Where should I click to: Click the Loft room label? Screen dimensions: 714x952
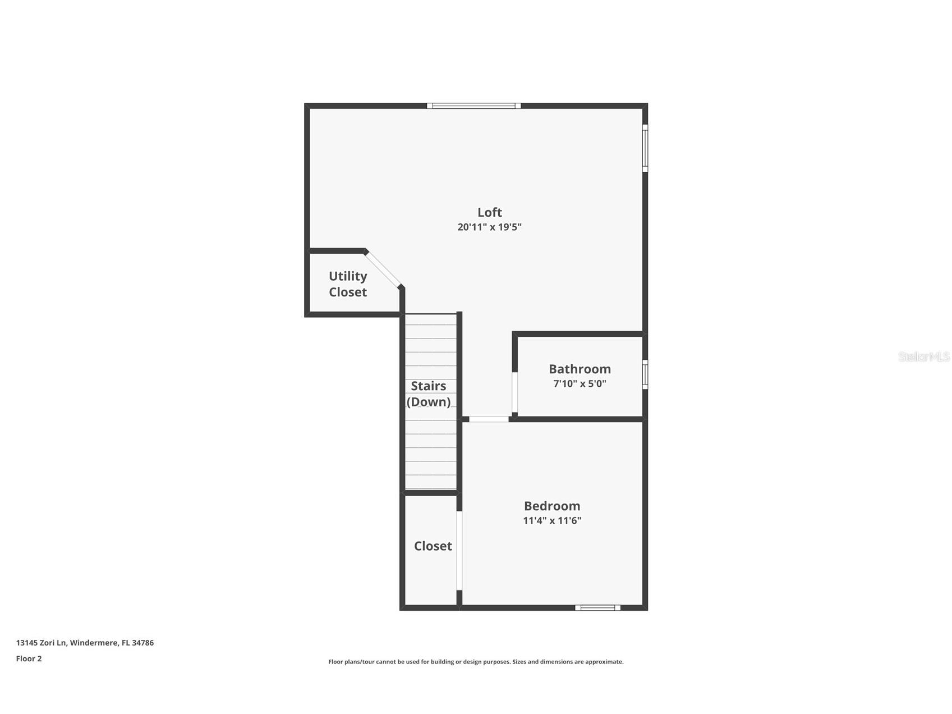pyautogui.click(x=489, y=212)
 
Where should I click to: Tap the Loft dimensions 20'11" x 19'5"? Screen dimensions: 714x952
pyautogui.click(x=489, y=227)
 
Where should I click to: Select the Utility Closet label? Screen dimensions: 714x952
pyautogui.click(x=348, y=284)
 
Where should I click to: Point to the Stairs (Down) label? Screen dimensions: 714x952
pyautogui.click(x=429, y=393)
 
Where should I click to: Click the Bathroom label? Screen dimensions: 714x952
pyautogui.click(x=580, y=369)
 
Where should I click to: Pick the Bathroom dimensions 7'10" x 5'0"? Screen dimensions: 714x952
pyautogui.click(x=580, y=384)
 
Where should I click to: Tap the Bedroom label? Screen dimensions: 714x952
pyautogui.click(x=552, y=506)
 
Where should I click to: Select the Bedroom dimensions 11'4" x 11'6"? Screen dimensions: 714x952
pyautogui.click(x=552, y=520)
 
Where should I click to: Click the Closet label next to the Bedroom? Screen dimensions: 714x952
pyautogui.click(x=433, y=546)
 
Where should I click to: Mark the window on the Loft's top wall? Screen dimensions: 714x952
pyautogui.click(x=473, y=106)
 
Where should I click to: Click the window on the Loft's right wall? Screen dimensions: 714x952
pyautogui.click(x=645, y=148)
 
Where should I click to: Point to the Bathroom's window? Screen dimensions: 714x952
pyautogui.click(x=645, y=374)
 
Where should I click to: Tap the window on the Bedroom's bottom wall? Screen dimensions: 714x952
pyautogui.click(x=597, y=607)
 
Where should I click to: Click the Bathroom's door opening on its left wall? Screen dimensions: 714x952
pyautogui.click(x=514, y=392)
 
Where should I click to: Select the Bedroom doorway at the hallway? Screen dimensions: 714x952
pyautogui.click(x=489, y=419)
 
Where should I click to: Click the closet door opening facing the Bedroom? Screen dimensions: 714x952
pyautogui.click(x=459, y=550)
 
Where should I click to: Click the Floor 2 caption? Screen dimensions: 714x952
pyautogui.click(x=29, y=658)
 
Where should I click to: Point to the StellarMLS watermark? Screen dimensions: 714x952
pyautogui.click(x=923, y=356)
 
